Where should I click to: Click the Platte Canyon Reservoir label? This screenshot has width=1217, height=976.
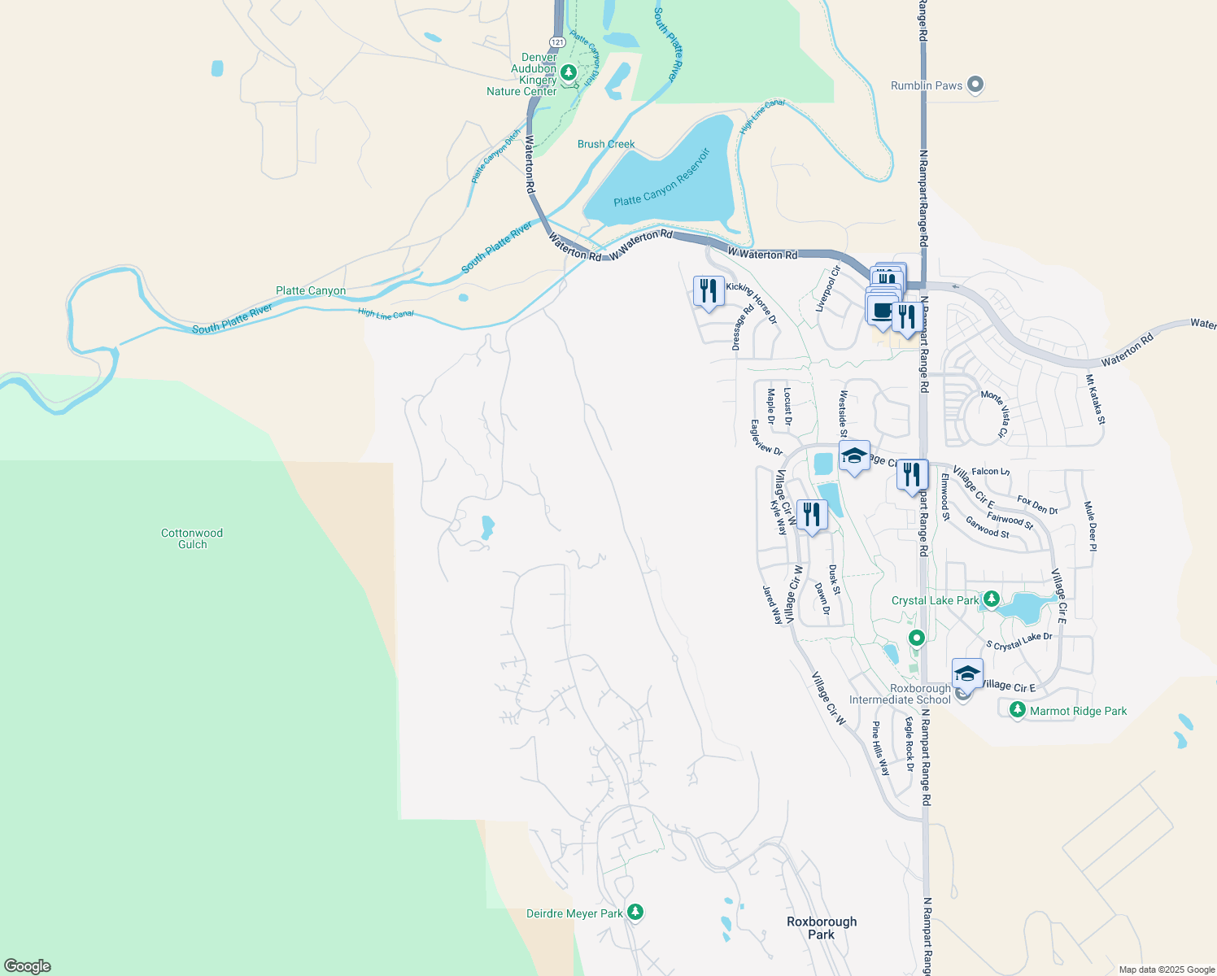pos(662,177)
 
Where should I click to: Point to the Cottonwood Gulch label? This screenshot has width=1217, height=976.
pos(192,538)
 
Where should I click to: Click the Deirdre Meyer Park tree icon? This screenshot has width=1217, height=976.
pos(636,913)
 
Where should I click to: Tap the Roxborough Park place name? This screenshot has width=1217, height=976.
pos(822,928)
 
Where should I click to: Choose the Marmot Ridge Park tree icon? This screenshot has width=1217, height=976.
pos(1017,710)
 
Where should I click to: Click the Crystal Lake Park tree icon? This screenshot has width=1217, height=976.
pos(991,600)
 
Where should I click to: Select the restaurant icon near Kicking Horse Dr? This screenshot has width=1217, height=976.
pos(709,291)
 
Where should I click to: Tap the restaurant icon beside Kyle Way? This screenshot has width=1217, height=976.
pos(811,515)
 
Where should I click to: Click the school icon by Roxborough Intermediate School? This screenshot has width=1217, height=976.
pos(967,674)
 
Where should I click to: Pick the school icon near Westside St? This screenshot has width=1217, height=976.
pos(854,456)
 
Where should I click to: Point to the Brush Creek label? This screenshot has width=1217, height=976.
pos(606,144)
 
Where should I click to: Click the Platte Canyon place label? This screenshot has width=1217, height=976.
pos(311,290)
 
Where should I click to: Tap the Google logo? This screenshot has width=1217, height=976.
pos(28,965)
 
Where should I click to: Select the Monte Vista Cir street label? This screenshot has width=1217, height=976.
pos(995,414)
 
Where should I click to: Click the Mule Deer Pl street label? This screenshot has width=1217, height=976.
pos(1091,526)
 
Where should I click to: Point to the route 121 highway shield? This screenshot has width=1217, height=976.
pos(556,41)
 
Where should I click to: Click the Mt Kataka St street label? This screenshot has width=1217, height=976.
pos(1095,399)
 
